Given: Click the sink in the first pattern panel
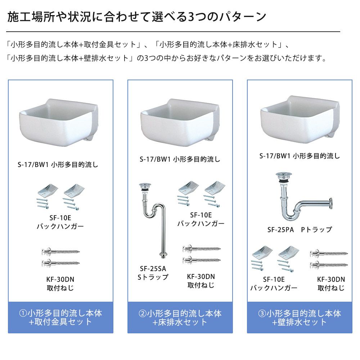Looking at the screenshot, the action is point(59,123).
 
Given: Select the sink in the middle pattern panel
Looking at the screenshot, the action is point(180,123).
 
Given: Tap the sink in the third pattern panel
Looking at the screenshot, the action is point(300,120).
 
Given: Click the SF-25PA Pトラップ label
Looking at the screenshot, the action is point(300,230).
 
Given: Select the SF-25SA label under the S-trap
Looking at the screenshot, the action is point(153,269).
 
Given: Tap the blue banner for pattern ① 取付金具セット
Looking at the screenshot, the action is point(60,317).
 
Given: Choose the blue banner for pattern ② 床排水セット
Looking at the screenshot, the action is point(180,317).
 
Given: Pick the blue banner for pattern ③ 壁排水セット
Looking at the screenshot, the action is point(300,317).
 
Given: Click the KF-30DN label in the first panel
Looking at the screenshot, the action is point(60,279).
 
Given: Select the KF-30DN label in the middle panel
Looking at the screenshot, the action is point(201,276).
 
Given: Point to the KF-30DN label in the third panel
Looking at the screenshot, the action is point(331,279).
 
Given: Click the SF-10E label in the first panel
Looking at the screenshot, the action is point(60,218).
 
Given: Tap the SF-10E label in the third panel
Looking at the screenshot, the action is point(274,279).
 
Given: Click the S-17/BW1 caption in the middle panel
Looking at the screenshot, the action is point(180,159).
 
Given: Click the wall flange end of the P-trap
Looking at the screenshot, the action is point(330,203).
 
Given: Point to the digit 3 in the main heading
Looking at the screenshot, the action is point(191,17).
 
